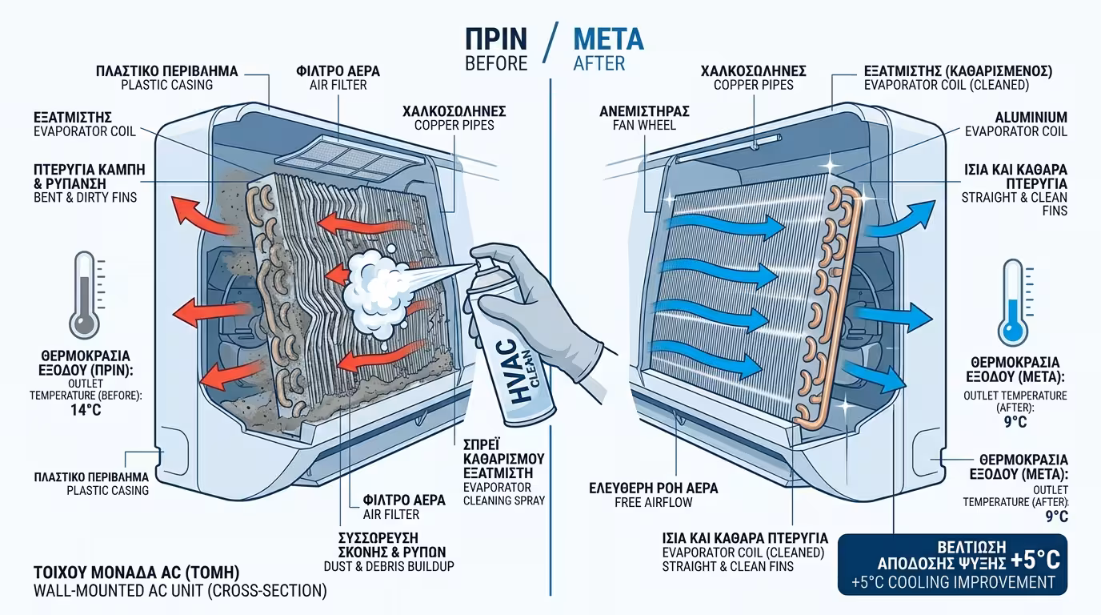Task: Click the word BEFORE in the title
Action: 495,63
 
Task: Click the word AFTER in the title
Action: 599,63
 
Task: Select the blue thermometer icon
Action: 1014,300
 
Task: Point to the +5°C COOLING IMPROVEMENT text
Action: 951,581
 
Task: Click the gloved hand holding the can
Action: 560,320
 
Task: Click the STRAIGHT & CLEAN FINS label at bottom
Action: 727,566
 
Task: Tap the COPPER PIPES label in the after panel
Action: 753,85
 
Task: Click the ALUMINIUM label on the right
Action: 1031,118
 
